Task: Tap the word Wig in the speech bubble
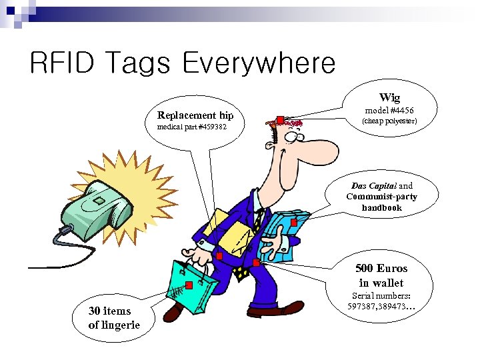click(389, 97)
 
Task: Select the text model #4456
click(389, 110)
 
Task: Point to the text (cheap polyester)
click(389, 121)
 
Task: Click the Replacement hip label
click(195, 115)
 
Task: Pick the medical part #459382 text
click(191, 127)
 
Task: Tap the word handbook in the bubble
click(382, 207)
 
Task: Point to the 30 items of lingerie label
click(114, 317)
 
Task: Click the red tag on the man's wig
click(281, 120)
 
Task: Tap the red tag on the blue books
click(294, 223)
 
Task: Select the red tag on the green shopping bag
click(189, 285)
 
